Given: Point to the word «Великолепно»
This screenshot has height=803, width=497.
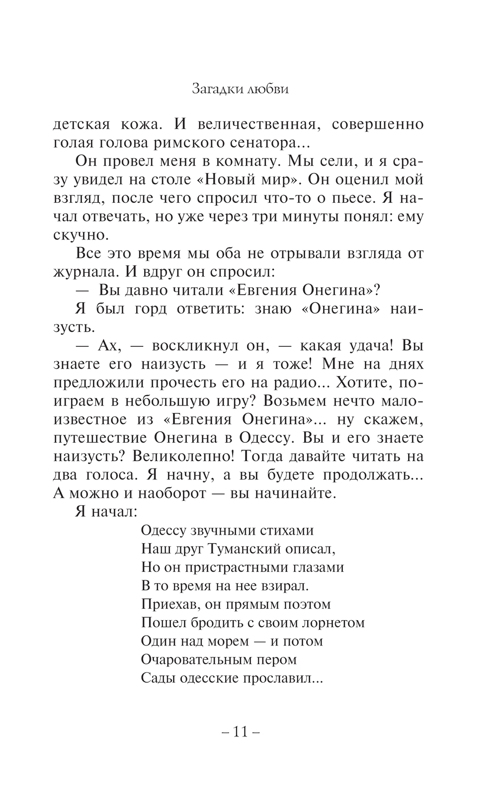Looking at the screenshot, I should pos(181,456).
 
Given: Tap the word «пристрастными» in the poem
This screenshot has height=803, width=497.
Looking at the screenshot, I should pos(236,567).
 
